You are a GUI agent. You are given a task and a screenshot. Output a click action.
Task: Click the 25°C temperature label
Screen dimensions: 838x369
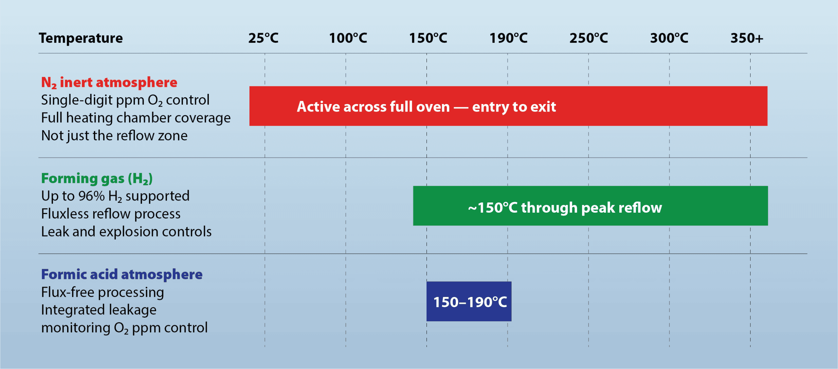tap(263, 38)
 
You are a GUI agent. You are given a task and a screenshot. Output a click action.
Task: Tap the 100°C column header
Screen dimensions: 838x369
tap(348, 38)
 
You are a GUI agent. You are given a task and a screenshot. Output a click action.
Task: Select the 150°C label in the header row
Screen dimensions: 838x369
tap(428, 38)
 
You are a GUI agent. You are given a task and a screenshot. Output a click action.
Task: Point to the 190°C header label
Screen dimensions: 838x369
tap(508, 38)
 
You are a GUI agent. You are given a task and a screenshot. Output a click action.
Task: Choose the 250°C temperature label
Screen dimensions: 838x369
tap(589, 38)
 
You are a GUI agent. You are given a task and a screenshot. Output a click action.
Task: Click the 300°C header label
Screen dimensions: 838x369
tap(669, 38)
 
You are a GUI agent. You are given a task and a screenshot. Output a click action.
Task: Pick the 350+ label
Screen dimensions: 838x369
tap(747, 38)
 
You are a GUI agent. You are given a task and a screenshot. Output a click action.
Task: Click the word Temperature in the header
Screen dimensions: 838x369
tap(81, 38)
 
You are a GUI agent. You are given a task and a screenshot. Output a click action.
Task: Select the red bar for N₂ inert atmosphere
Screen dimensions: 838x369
tap(508, 106)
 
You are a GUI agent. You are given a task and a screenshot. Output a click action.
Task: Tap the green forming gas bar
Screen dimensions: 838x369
tap(591, 206)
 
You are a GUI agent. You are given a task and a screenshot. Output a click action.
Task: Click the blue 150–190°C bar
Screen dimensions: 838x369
tap(469, 301)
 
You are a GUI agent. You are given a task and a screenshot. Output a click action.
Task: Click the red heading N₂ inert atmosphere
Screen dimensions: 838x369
tap(109, 82)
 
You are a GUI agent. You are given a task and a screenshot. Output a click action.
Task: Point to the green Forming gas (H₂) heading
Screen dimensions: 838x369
tap(97, 179)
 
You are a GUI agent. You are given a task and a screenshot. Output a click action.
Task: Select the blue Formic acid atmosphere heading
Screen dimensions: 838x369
tap(122, 274)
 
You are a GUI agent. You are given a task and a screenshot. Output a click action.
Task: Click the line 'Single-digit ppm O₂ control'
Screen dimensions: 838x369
tap(125, 100)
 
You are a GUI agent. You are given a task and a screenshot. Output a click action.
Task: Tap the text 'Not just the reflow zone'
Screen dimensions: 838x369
tap(114, 135)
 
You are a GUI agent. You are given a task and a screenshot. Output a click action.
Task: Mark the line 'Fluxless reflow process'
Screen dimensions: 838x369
tap(111, 214)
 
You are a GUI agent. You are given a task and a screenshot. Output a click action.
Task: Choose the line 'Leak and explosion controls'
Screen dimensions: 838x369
tap(126, 232)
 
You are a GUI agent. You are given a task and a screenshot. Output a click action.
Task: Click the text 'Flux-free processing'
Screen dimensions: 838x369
tap(102, 292)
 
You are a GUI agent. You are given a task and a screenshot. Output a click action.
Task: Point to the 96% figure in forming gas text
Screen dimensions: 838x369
tap(91, 196)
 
